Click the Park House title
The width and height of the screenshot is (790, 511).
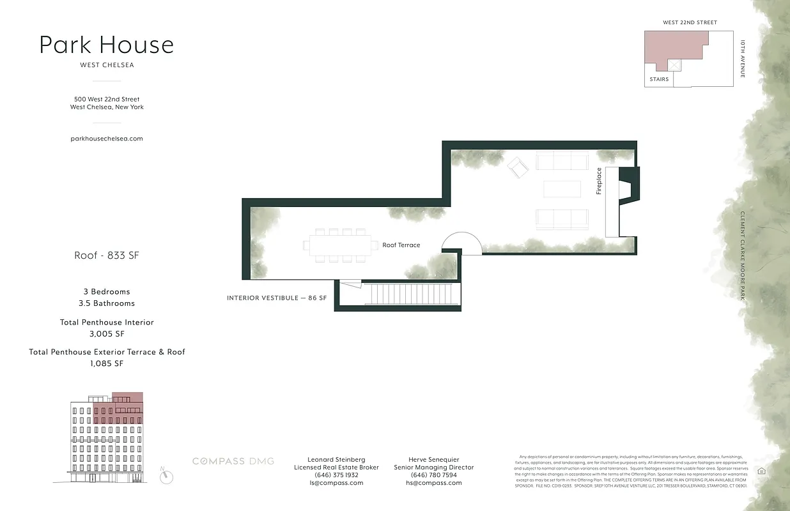106,45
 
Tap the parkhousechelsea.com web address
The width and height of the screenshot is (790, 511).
107,138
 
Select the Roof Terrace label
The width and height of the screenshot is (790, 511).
401,245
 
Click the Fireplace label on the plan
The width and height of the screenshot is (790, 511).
599,181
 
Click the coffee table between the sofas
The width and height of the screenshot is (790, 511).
562,189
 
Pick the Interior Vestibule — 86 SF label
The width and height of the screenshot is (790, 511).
277,298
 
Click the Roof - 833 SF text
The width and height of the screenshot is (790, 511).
107,256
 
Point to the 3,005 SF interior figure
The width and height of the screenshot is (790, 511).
107,334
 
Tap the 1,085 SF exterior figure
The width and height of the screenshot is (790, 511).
107,363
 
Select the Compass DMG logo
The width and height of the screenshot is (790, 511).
233,461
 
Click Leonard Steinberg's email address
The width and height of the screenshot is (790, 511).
336,483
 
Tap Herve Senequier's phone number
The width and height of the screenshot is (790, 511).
434,475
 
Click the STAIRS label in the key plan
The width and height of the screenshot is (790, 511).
658,79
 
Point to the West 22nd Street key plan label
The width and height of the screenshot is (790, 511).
690,22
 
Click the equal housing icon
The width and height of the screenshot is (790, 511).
761,471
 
